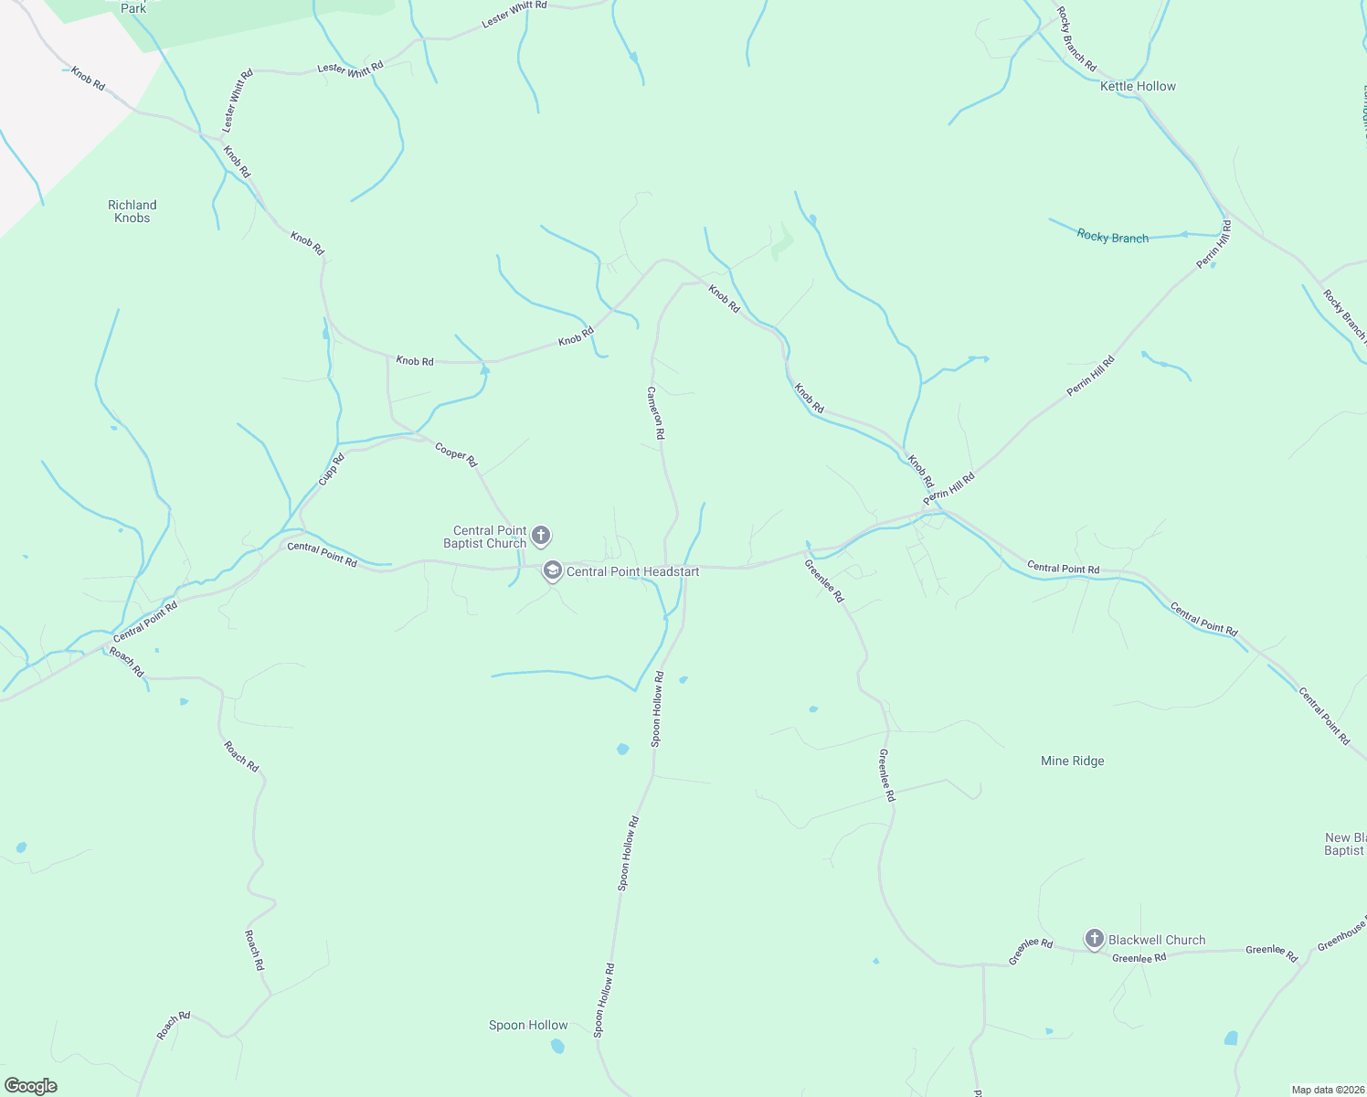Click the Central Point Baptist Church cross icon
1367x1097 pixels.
coord(540,535)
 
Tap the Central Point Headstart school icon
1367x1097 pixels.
coord(552,571)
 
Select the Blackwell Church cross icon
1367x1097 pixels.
coord(1094,939)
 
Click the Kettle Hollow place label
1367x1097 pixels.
coord(1138,86)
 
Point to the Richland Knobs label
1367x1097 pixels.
coord(132,211)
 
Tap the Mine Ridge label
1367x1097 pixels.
coord(1072,761)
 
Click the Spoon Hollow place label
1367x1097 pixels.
coord(528,1025)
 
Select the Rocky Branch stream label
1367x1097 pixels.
coord(1112,237)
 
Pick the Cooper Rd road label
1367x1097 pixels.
coord(456,454)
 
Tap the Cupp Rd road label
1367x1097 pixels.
coord(331,469)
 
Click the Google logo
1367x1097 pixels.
coord(30,1086)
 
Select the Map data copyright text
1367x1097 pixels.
coord(1327,1090)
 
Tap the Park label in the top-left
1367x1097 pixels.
coord(133,8)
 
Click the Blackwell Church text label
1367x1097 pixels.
coord(1157,940)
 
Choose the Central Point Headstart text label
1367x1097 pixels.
coord(632,571)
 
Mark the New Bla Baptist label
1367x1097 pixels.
coord(1345,844)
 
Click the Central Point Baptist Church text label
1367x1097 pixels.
coord(485,537)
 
